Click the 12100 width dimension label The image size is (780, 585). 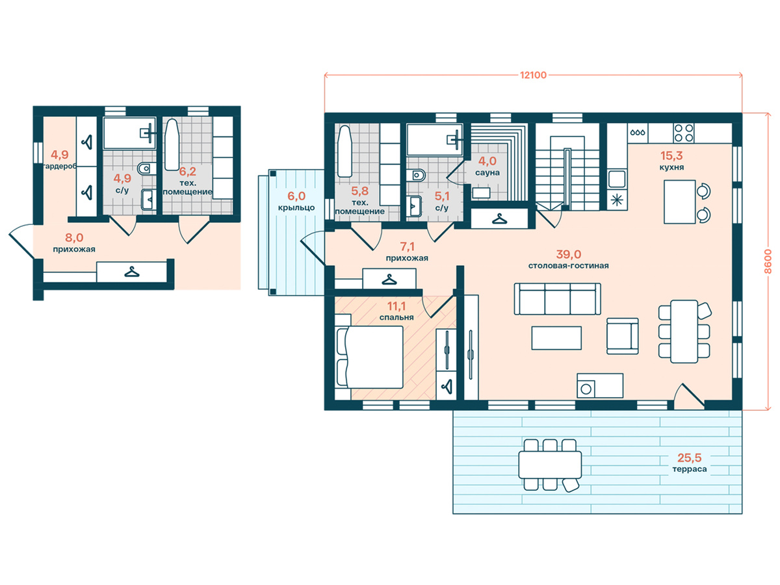coord(533,75)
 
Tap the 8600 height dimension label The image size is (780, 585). coord(768,261)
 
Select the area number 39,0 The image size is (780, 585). coord(569,254)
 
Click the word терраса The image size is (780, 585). coord(690,469)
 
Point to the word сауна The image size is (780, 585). coord(487,173)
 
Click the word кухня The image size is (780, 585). coord(671,167)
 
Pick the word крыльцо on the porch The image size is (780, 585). coord(296,208)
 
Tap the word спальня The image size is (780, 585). coord(396,318)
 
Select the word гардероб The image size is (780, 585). coord(59,166)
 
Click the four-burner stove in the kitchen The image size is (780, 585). coord(684,133)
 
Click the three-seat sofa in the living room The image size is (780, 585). coord(557,299)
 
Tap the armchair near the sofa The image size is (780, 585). coord(622,336)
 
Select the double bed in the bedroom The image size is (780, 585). coord(369,357)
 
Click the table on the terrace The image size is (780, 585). coord(550,465)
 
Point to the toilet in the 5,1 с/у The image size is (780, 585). coord(417,175)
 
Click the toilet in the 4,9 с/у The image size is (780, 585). coord(146,168)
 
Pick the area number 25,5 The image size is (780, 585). coord(690,458)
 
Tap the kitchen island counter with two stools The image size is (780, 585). coord(679,201)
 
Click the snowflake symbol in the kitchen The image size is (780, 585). coord(617,200)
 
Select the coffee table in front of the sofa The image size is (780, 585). coord(556,338)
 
